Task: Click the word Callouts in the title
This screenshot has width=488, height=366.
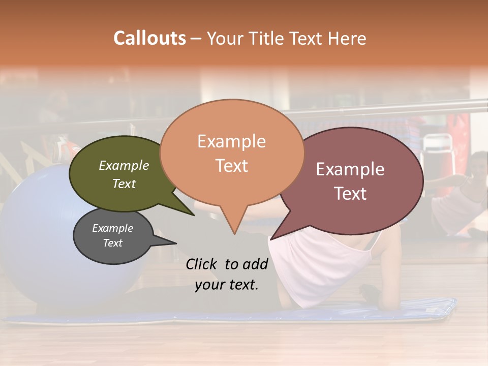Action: point(149,38)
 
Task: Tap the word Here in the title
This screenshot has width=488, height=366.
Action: point(348,39)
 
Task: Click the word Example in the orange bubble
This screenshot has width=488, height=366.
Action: point(232,141)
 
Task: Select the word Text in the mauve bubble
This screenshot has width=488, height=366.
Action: point(350,194)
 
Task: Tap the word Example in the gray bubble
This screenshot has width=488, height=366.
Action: point(112,228)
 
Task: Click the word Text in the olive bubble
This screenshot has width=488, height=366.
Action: point(124,184)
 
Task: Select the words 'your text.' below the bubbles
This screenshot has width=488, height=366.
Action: point(227,285)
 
